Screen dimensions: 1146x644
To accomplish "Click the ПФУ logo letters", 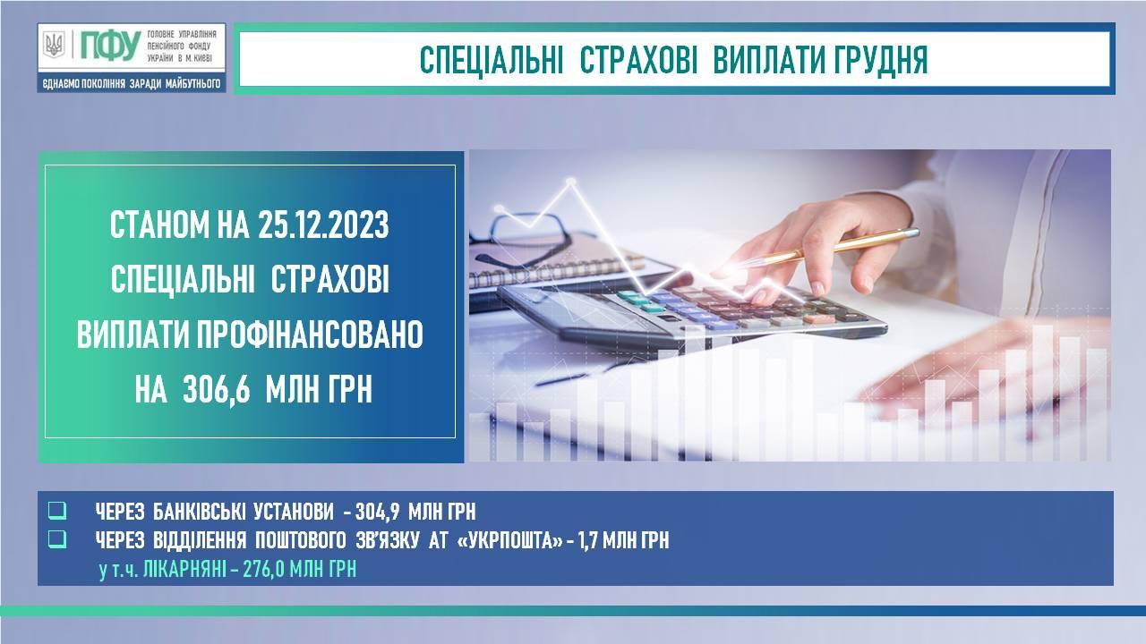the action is pos(110,45).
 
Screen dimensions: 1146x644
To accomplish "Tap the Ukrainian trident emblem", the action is pos(54,45).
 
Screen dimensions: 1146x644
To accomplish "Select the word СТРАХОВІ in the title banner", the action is pos(638,60).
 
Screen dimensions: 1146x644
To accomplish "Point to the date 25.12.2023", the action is pos(323,225).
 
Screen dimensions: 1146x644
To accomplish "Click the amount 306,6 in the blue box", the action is pos(217,389).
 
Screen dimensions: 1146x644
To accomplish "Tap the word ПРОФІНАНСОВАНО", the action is pos(310,335).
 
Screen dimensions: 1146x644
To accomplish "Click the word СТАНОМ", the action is pos(159,225).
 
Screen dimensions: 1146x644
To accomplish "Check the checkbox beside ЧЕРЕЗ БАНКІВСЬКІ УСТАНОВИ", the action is pos(57,511).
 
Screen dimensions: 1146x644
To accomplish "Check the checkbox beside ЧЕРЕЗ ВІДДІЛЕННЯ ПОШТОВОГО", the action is pos(57,539).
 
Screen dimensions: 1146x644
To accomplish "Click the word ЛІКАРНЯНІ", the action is pos(184,570).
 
